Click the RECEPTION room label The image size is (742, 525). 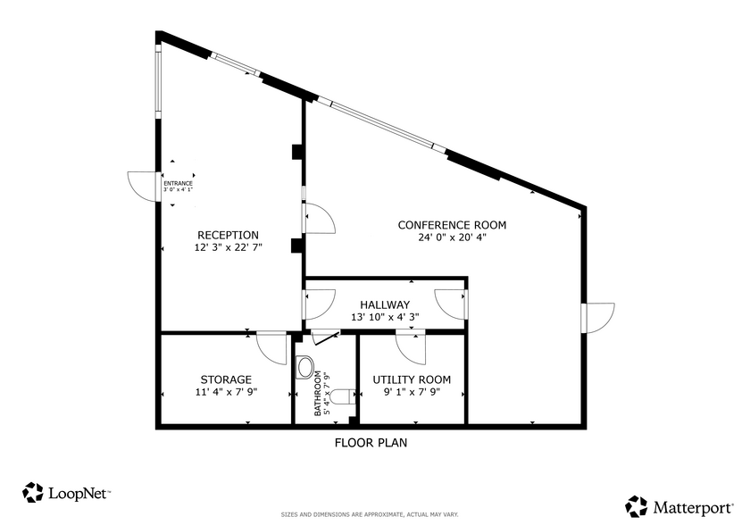(228, 235)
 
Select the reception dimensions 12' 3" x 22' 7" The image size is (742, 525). (228, 247)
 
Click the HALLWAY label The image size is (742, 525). (385, 304)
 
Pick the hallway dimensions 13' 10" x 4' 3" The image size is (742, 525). (385, 317)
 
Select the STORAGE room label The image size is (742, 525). (226, 379)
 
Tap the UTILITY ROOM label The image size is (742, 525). (412, 379)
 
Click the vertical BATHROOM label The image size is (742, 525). (317, 394)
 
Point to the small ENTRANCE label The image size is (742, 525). (178, 184)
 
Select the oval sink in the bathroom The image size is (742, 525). (306, 367)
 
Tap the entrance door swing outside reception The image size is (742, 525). (143, 185)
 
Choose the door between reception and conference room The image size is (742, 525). (318, 219)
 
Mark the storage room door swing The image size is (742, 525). (271, 347)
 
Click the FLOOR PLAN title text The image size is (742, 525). (371, 442)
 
